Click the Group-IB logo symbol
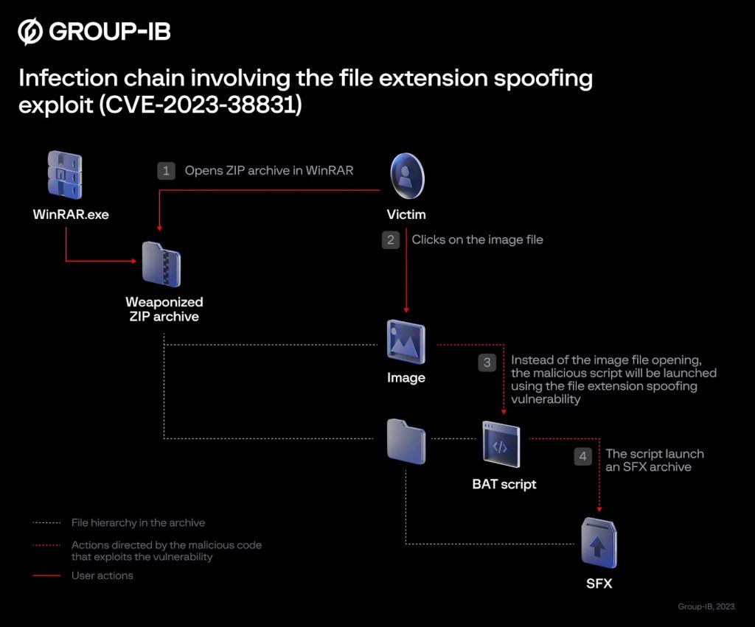pos(30,32)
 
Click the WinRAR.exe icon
pos(65,176)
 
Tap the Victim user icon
pos(406,177)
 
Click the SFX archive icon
pos(598,542)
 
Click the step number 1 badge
pos(166,171)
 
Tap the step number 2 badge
pos(391,239)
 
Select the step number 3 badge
pos(487,362)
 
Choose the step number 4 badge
pos(582,456)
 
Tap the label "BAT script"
pos(504,484)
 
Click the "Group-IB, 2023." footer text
pos(706,606)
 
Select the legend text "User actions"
pos(102,575)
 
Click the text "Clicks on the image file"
pos(477,239)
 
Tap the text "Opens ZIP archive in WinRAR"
pos(269,171)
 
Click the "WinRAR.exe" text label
pos(71,215)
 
